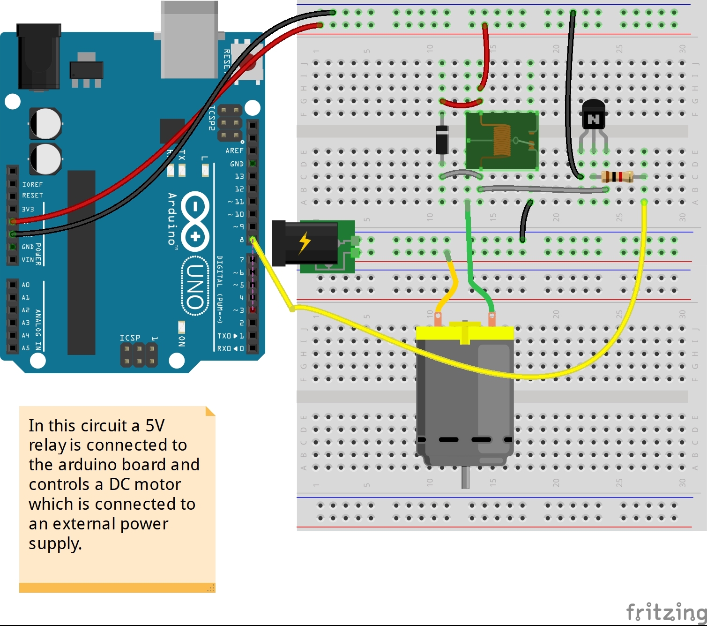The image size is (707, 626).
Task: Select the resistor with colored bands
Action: [617, 177]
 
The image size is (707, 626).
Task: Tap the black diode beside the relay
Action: [442, 140]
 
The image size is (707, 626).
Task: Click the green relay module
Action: [502, 141]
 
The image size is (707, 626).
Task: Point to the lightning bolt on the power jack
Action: [305, 243]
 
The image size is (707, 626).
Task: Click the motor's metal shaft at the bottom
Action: [465, 477]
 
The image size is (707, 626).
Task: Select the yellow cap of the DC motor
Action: [465, 332]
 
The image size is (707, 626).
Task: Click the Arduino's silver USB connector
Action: [189, 40]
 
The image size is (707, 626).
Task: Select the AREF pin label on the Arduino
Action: [234, 151]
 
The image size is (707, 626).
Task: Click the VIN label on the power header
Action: [28, 260]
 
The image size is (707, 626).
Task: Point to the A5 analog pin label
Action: [25, 348]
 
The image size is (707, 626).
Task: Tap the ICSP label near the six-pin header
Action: [130, 338]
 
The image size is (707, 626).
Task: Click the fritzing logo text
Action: [666, 611]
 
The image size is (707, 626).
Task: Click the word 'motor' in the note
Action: [157, 484]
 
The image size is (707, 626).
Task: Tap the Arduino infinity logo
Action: [195, 220]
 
